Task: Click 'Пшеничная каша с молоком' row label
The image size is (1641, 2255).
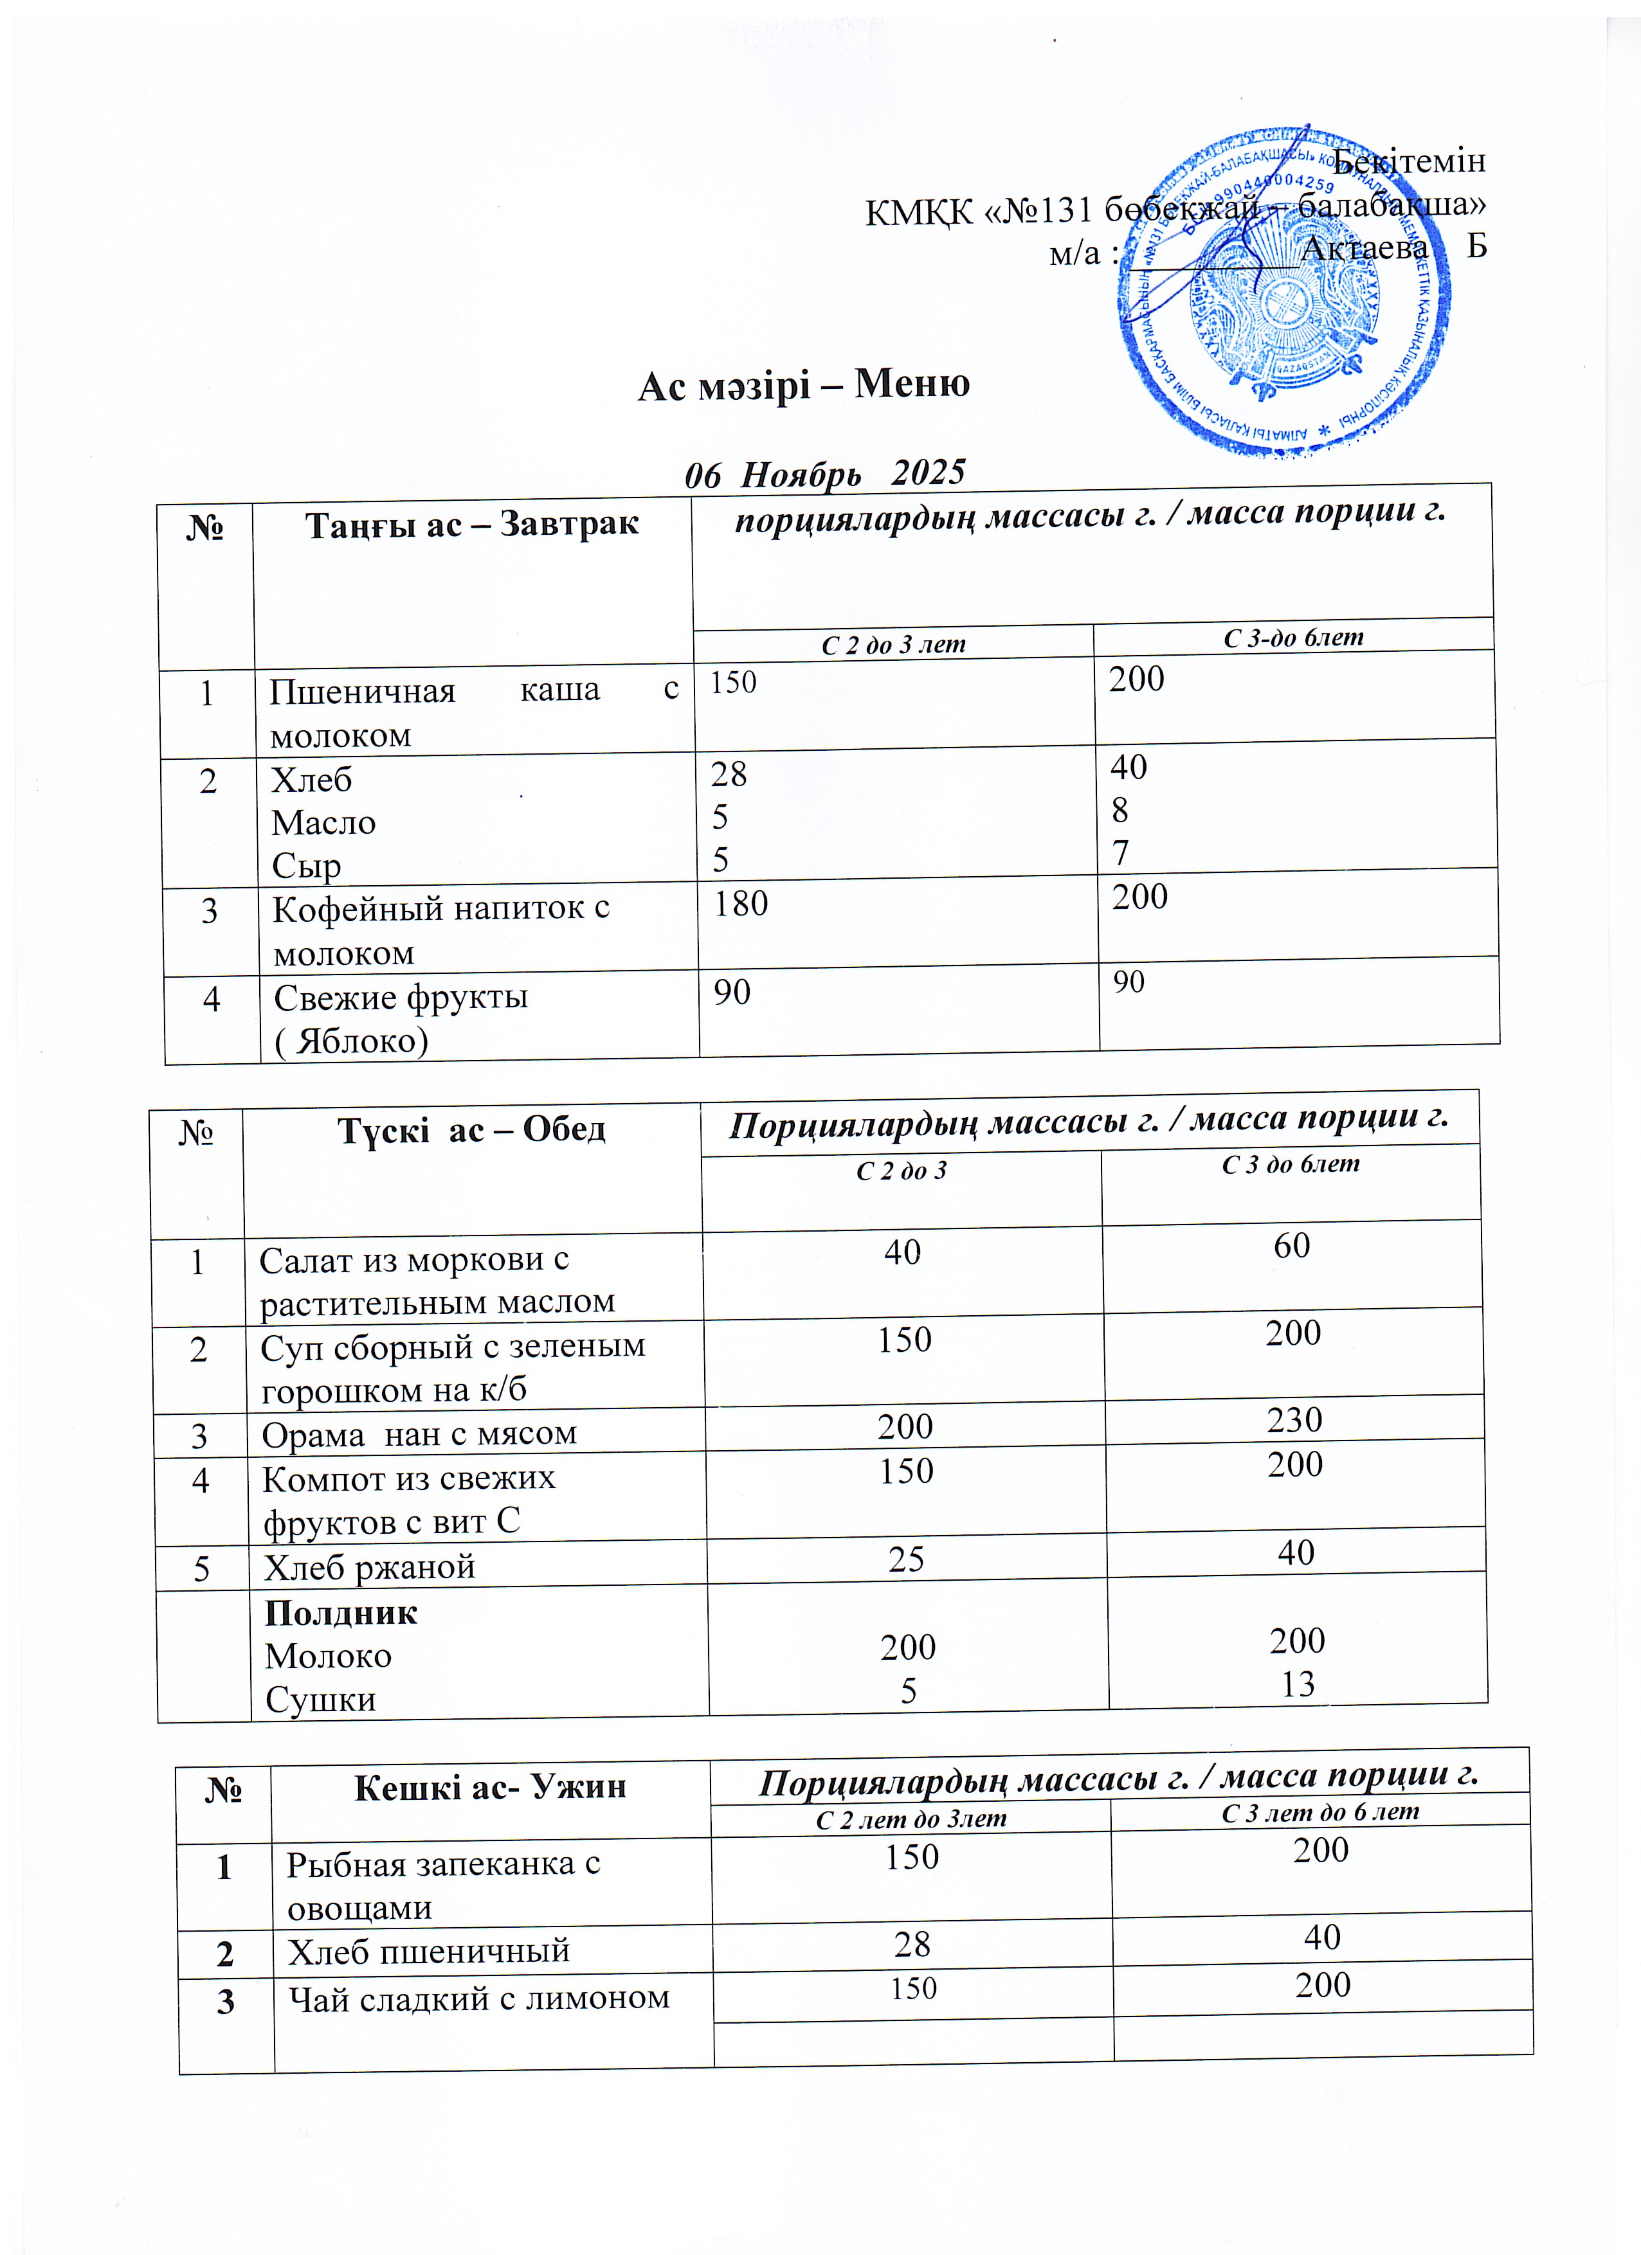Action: coord(473,712)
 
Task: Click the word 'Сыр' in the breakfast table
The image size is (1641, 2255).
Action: coord(306,866)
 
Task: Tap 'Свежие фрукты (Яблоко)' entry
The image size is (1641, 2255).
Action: coord(401,1018)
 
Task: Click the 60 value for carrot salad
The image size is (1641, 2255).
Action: coord(1291,1246)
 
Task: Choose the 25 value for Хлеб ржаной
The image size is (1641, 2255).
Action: coord(906,1559)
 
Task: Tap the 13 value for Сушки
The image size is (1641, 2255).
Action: coord(1298,1684)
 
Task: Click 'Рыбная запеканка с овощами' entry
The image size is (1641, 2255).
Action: coord(444,1885)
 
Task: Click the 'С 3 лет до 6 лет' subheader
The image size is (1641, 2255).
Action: coord(1319,1811)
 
